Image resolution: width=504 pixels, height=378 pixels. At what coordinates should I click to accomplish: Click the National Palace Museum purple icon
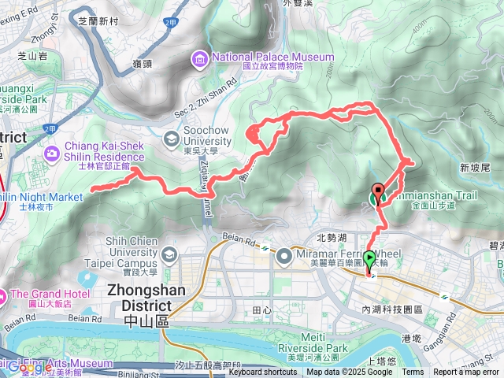coord(198,59)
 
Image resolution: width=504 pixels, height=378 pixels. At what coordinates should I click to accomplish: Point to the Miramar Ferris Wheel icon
coord(283,253)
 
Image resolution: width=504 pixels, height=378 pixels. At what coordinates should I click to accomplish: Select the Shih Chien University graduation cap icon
coord(172,255)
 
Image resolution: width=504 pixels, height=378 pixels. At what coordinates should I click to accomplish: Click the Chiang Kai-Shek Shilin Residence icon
coord(53,152)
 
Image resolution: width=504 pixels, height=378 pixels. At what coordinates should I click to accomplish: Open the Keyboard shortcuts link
coord(263,372)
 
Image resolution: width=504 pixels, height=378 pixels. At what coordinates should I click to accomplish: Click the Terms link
coord(413,372)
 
